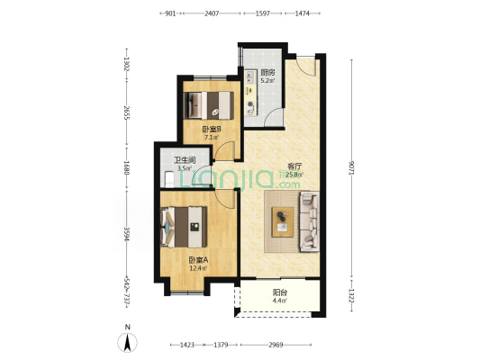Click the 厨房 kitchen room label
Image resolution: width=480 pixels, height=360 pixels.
pyautogui.click(x=267, y=73)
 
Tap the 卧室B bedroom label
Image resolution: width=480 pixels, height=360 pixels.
pyautogui.click(x=212, y=130)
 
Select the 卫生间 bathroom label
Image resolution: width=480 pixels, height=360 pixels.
pyautogui.click(x=185, y=160)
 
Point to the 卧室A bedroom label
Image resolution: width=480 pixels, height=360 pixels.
pyautogui.click(x=198, y=260)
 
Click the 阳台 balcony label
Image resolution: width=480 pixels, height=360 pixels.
pyautogui.click(x=280, y=292)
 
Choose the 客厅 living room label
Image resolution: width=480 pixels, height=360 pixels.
pyautogui.click(x=294, y=166)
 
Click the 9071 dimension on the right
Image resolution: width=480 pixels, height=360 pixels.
pyautogui.click(x=351, y=167)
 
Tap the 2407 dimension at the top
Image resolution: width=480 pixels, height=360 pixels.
pyautogui.click(x=212, y=13)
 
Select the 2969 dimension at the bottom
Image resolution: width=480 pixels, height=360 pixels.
pyautogui.click(x=276, y=345)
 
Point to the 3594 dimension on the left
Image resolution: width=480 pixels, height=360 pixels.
pyautogui.click(x=126, y=234)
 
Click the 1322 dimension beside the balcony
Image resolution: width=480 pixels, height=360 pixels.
pyautogui.click(x=351, y=296)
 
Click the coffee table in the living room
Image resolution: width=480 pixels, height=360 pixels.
pyautogui.click(x=283, y=221)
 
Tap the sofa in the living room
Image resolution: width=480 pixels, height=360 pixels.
pyautogui.click(x=309, y=221)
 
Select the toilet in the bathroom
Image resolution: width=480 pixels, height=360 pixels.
pyautogui.click(x=169, y=179)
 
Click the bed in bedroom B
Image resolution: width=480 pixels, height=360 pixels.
pyautogui.click(x=209, y=105)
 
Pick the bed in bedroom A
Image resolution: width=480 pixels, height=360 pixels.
pyautogui.click(x=184, y=227)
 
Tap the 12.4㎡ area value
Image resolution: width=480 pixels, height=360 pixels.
pyautogui.click(x=198, y=268)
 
